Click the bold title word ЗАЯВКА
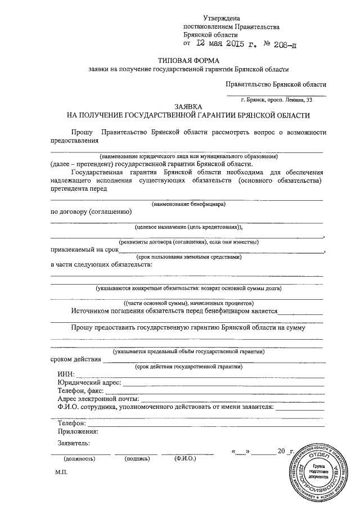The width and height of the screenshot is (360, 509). [188, 106]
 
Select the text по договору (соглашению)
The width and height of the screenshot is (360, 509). [91, 211]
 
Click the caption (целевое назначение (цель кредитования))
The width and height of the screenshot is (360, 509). [188, 227]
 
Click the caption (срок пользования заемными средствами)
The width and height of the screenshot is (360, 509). [188, 256]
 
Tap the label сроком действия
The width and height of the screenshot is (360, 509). [75, 359]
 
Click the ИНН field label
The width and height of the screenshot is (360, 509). [65, 374]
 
